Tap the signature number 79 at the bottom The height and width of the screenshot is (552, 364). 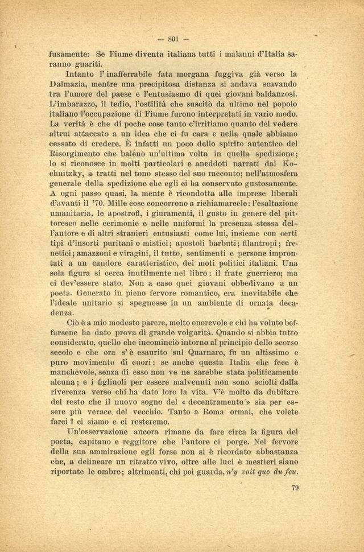pyautogui.click(x=295, y=487)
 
